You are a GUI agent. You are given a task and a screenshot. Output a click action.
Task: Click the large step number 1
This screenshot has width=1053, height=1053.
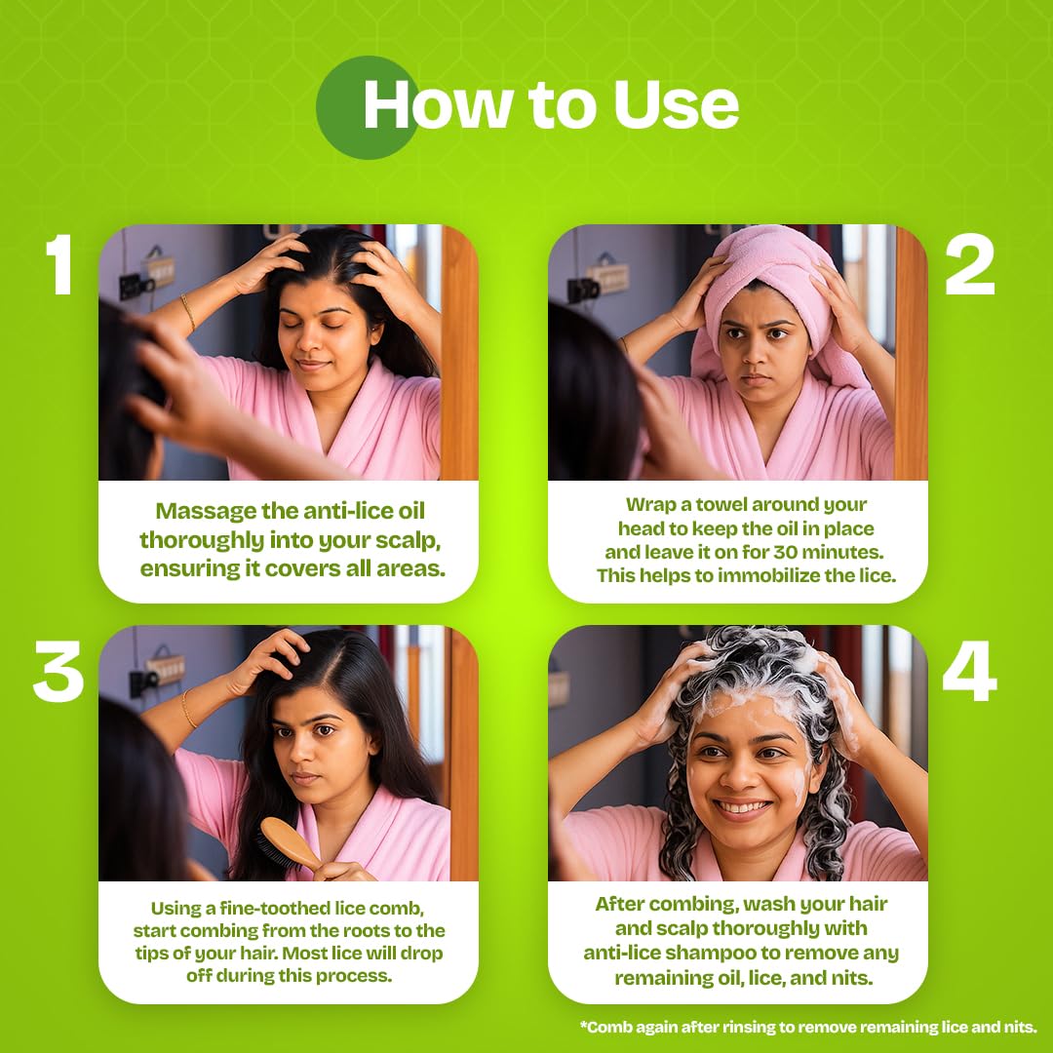coord(59,264)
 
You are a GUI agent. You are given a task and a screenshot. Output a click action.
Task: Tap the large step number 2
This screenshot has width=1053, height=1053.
coord(970,264)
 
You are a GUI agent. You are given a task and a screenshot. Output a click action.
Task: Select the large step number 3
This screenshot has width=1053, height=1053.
coord(58,671)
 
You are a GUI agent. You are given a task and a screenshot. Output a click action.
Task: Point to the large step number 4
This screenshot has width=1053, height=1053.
coord(970,671)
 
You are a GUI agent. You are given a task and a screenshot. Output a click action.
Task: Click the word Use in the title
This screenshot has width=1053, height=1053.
coord(676,104)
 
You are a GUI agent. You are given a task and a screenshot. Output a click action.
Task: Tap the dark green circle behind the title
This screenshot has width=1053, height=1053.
coord(367,107)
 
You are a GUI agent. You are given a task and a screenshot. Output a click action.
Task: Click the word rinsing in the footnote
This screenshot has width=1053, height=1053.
coord(758,1027)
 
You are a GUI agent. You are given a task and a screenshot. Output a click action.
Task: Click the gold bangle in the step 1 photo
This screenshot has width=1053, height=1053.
coord(188,312)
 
